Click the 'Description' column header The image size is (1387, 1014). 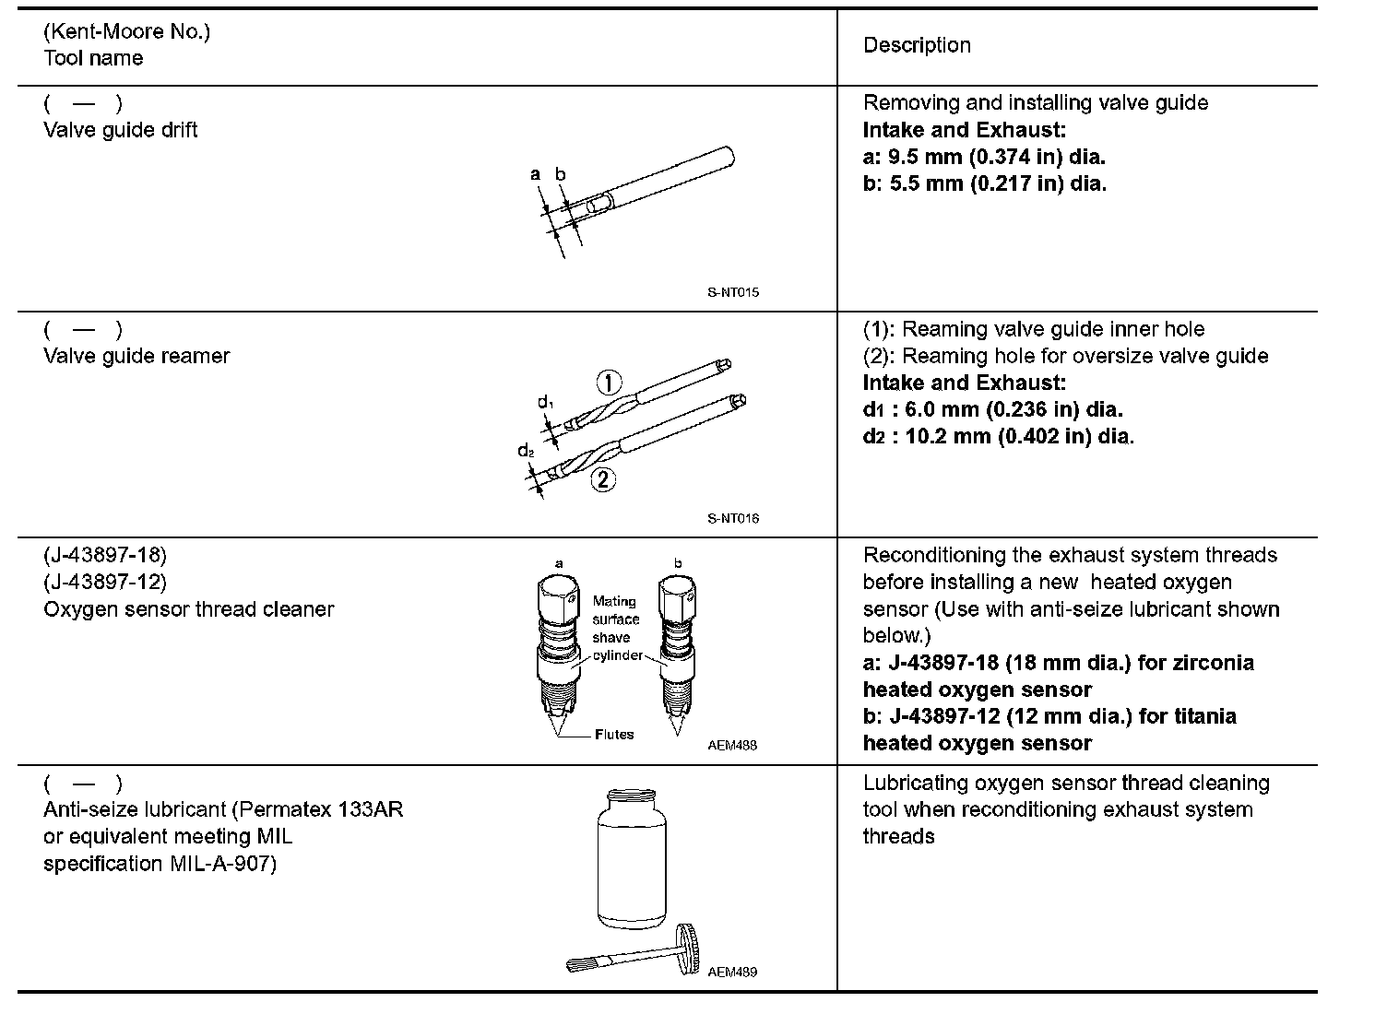tap(917, 45)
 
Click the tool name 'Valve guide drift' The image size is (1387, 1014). tap(121, 130)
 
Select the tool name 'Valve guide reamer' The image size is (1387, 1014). tap(136, 356)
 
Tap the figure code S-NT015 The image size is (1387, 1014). tap(733, 292)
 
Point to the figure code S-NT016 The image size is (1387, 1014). tap(733, 518)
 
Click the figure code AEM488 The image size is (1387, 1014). tap(733, 745)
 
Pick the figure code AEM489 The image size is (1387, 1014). tap(733, 972)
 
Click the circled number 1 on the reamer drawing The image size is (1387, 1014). tap(610, 382)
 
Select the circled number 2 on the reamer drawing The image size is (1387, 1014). tap(603, 479)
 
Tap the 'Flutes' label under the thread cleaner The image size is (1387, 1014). tap(614, 735)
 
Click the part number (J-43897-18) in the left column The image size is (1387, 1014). tap(105, 555)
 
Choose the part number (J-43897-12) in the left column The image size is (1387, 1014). tap(105, 582)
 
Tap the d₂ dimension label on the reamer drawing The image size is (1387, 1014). tap(526, 452)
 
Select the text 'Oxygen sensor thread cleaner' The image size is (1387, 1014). tap(188, 609)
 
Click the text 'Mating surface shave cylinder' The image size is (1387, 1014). tap(615, 628)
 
